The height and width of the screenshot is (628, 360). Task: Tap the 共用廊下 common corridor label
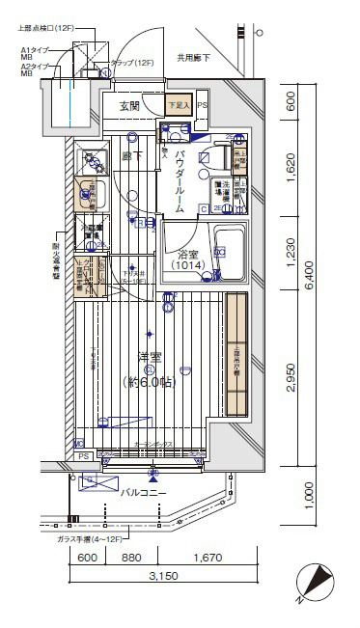coord(193,58)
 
